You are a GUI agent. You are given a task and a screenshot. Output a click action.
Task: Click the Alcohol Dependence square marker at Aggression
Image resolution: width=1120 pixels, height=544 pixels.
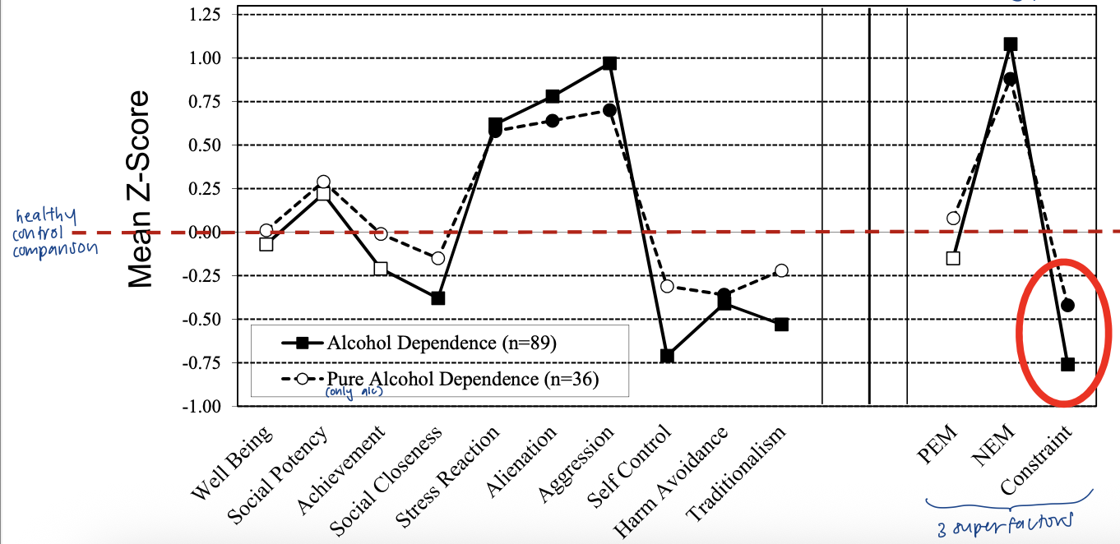[x=609, y=63]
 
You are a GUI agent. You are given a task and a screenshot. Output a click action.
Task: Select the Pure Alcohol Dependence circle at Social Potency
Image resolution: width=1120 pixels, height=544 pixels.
[x=323, y=182]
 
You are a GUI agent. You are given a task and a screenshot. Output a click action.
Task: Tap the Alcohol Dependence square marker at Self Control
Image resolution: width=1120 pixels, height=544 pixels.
[x=667, y=356]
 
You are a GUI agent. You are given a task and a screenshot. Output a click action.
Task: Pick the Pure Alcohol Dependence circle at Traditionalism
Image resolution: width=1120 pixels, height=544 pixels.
[x=781, y=270]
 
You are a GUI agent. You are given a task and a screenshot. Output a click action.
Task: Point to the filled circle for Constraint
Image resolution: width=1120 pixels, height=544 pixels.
[x=1067, y=305]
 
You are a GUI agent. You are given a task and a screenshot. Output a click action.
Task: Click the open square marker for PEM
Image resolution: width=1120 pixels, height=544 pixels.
[x=953, y=258]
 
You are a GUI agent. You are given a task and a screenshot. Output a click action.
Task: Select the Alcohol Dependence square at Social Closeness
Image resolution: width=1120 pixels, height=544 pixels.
[x=438, y=297]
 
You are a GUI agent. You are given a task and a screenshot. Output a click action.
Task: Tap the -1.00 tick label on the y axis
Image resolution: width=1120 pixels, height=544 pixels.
[x=206, y=406]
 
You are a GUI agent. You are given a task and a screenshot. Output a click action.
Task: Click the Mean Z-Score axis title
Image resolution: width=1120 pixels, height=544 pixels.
[x=141, y=188]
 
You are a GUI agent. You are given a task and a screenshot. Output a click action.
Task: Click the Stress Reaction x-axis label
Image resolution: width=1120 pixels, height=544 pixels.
[x=449, y=477]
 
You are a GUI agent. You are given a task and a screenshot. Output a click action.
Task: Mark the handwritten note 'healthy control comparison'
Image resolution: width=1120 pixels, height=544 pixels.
[x=53, y=233]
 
